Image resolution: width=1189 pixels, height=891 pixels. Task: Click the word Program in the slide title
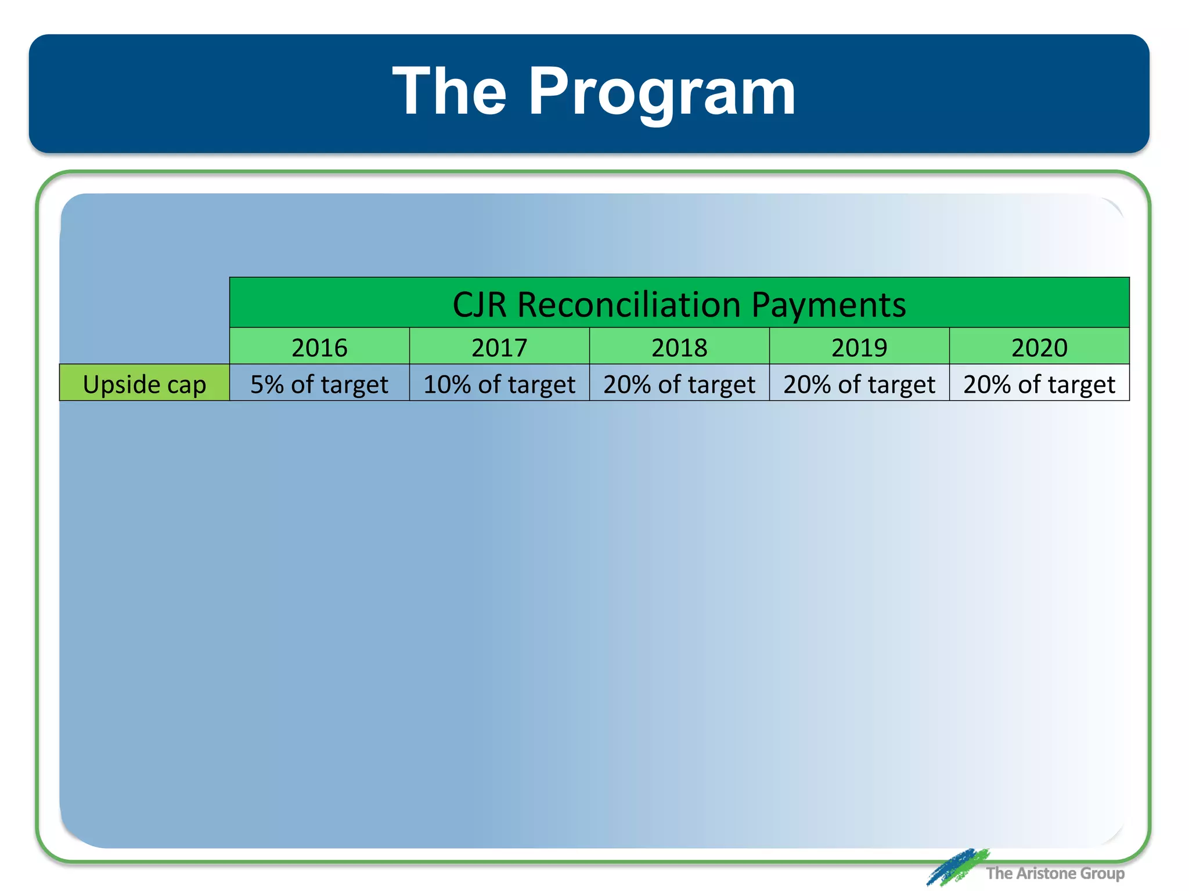(x=662, y=93)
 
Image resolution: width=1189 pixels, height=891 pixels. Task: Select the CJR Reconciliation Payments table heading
(x=679, y=304)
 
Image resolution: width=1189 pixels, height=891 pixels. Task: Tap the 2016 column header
(x=319, y=347)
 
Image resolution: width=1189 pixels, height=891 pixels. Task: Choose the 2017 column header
(x=499, y=347)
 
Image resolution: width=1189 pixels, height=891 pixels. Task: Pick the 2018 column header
(x=679, y=347)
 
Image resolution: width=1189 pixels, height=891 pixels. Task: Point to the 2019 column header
(x=859, y=347)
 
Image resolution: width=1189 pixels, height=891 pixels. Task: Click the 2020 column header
(x=1039, y=347)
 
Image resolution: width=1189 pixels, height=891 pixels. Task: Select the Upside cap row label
(x=145, y=384)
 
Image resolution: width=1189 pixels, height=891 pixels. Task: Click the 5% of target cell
(x=319, y=384)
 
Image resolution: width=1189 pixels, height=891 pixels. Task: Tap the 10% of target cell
(x=499, y=384)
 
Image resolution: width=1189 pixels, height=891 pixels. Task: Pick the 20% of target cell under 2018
(x=679, y=384)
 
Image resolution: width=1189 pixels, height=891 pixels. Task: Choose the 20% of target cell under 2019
(x=859, y=384)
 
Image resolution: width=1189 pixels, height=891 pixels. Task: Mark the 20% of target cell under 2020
(x=1039, y=384)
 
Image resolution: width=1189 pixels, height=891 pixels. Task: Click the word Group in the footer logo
(x=1102, y=873)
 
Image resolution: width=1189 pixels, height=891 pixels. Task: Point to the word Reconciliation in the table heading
(x=629, y=304)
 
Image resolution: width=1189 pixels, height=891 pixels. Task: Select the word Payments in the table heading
(x=828, y=304)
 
